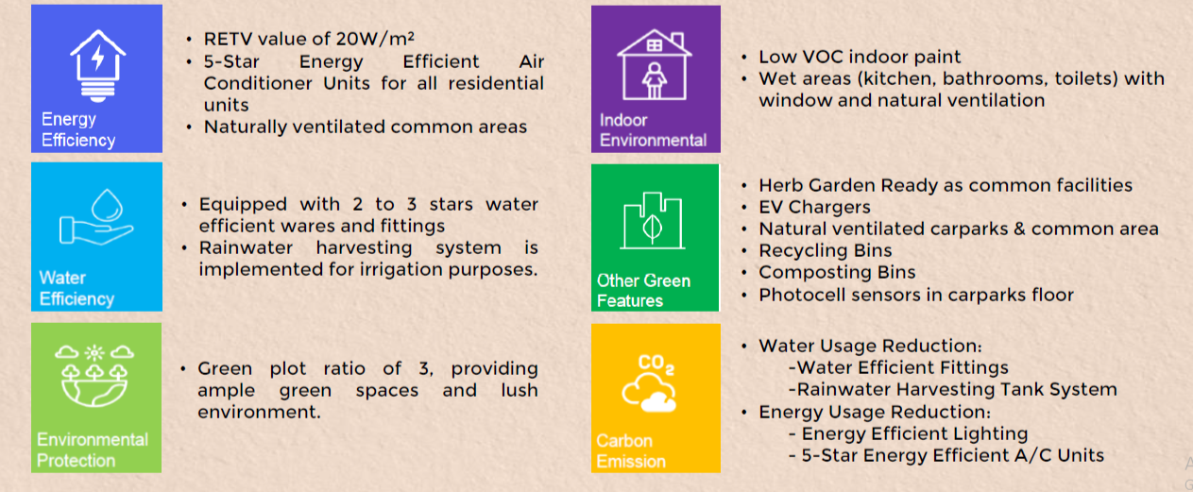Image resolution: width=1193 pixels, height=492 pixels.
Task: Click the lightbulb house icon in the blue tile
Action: coord(97,65)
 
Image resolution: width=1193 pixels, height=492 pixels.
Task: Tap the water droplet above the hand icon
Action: coord(107,205)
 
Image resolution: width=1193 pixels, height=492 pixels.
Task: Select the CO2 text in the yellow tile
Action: coord(656,365)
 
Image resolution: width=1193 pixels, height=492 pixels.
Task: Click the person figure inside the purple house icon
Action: coord(654,80)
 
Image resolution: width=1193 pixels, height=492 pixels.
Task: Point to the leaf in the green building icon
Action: coord(653,228)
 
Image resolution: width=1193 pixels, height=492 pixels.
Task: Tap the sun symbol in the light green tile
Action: coord(94,352)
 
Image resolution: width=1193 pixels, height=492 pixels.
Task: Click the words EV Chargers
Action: coord(814,207)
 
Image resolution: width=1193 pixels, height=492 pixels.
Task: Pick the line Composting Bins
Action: coord(837,273)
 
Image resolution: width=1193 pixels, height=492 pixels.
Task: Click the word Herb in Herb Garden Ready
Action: coord(780,185)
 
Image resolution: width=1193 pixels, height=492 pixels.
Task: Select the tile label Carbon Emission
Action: coord(631,451)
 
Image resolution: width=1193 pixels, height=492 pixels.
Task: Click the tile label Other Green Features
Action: coord(643,291)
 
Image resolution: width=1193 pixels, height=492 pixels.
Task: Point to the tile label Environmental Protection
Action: coord(93,450)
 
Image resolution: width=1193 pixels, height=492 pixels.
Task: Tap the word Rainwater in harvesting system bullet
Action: coord(246,248)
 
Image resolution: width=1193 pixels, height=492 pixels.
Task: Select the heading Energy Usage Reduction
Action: coord(875,412)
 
